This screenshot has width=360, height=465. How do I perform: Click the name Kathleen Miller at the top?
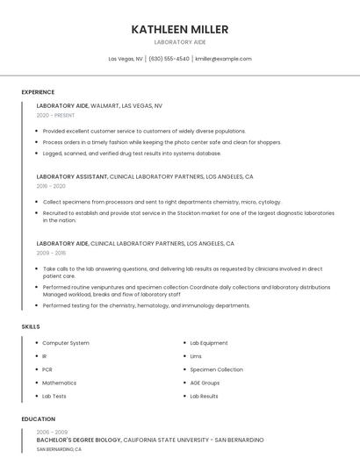click(180, 29)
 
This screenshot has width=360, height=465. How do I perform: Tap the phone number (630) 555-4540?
click(169, 59)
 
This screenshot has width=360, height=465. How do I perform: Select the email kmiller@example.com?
click(223, 59)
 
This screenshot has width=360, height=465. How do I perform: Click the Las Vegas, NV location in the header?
click(126, 59)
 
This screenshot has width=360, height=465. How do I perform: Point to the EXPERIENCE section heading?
click(38, 92)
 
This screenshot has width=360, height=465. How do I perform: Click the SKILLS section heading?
click(31, 326)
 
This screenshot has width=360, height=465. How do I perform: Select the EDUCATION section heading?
click(38, 419)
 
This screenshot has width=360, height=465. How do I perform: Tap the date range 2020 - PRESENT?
click(55, 115)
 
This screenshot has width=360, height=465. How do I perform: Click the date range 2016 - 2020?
click(51, 186)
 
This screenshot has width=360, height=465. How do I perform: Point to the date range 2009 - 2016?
click(51, 253)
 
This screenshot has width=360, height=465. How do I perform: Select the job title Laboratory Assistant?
click(72, 176)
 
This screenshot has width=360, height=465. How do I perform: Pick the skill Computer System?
click(66, 343)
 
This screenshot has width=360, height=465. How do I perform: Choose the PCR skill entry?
click(47, 369)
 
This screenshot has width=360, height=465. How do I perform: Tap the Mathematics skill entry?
click(60, 383)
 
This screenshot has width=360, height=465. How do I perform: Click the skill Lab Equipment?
click(209, 343)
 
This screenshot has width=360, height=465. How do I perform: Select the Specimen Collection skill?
click(216, 369)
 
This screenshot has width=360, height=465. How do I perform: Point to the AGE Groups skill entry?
click(205, 383)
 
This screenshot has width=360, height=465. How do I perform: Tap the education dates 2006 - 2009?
click(51, 432)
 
